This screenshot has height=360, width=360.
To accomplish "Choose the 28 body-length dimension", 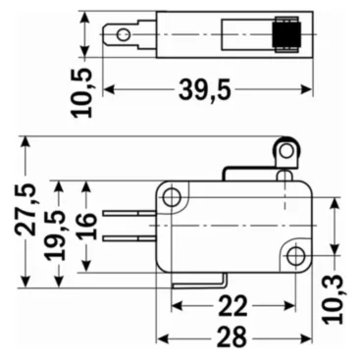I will [x=231, y=336].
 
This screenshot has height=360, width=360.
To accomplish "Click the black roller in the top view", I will [x=286, y=35].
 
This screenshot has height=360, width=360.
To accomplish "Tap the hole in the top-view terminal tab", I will [x=123, y=36].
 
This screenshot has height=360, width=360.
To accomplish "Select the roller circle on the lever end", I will [x=285, y=151].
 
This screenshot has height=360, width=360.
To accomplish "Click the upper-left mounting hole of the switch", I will [x=173, y=198].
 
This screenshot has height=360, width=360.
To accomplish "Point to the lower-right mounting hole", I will [x=295, y=256].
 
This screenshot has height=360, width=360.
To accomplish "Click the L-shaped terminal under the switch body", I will [x=196, y=282].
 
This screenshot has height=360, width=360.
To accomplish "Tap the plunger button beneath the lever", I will [x=284, y=176].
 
